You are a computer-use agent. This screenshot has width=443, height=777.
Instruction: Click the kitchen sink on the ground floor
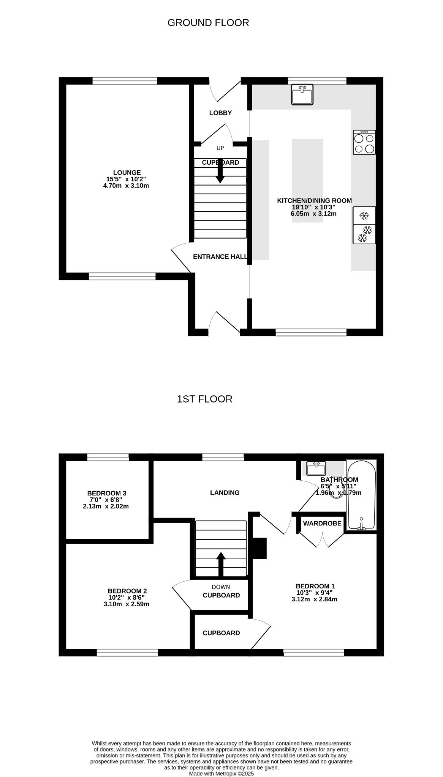pos(302,94)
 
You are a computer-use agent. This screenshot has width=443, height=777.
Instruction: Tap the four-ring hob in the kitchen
pos(364,142)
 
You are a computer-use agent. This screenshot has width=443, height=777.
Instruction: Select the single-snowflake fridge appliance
pos(364,215)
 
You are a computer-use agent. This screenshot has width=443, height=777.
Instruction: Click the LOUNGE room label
pos(127,173)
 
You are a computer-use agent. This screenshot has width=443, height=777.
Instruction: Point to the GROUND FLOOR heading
pos(208,23)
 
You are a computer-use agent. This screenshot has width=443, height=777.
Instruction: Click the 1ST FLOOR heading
pos(204,399)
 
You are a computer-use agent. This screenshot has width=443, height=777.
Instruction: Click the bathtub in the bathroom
pos(361,495)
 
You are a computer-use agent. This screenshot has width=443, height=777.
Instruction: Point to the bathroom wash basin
pos(316,469)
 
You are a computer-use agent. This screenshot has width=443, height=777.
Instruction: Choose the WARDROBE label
pos(322,524)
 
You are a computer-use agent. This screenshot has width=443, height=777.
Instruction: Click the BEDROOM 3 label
pos(107,493)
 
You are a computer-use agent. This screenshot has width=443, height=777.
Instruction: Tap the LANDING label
pos(225,493)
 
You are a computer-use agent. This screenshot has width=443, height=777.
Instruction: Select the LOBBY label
pos(220,113)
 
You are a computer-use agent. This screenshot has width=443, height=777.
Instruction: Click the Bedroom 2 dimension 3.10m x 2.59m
pos(127,604)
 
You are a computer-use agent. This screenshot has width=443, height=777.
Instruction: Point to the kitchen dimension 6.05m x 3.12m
pos(313,214)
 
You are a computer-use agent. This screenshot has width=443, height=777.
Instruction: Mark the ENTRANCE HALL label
pos(220,257)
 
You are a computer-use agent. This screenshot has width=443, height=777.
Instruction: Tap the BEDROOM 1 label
pos(315,586)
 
